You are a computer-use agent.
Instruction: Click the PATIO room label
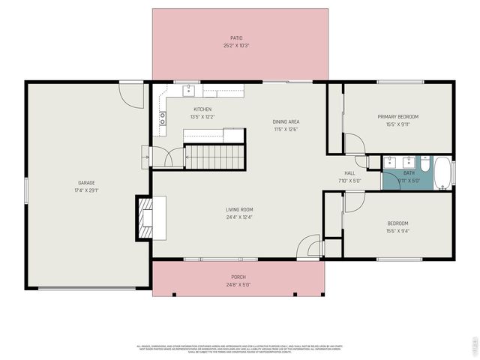coord(236,37)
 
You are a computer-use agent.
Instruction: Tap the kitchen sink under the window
coord(189,91)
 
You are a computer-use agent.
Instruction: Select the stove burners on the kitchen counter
coord(161,118)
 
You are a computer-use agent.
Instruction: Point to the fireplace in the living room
coord(145,217)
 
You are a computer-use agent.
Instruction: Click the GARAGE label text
coord(86,183)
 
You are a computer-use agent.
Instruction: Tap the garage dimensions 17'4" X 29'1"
coord(86,190)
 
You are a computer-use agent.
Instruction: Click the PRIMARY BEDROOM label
coord(397,116)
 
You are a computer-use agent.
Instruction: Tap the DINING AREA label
coord(286,121)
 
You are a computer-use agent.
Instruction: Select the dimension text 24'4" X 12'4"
coord(239,217)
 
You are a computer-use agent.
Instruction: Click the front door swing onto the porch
coord(307,247)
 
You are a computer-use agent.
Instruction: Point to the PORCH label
coord(238,277)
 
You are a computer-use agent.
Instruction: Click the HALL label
coord(349,172)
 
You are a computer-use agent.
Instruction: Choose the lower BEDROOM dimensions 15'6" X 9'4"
coord(397,231)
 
